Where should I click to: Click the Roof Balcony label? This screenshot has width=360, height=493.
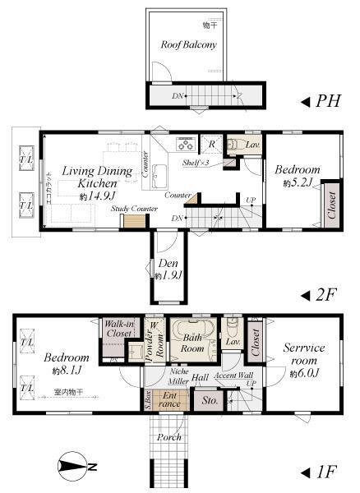[x=187, y=45]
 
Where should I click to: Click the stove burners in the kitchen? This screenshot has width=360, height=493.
[x=185, y=144]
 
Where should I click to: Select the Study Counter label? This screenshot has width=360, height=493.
[x=135, y=210]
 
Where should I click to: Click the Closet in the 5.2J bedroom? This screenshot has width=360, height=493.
[x=331, y=206]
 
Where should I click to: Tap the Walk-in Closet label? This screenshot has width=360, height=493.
[x=120, y=330]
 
